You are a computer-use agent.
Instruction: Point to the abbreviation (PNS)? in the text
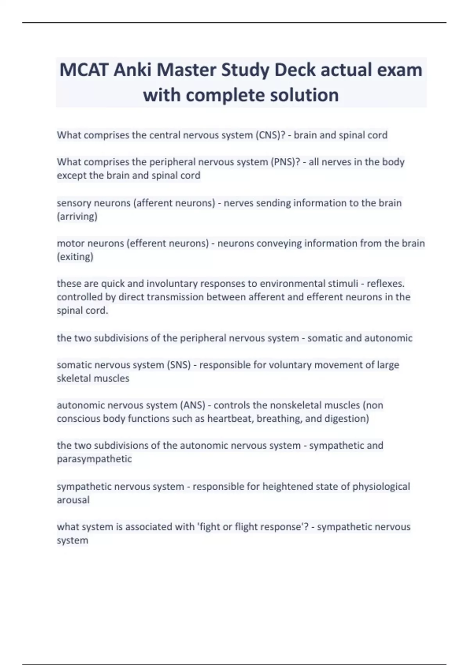(x=285, y=162)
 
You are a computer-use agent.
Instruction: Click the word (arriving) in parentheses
(x=77, y=216)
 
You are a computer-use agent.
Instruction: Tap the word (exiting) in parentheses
(x=75, y=257)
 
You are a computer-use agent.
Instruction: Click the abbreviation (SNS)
(x=179, y=365)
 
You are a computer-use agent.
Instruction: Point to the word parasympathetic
(x=94, y=459)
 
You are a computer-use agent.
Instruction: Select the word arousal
(x=73, y=500)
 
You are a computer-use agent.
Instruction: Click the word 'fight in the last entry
(x=209, y=527)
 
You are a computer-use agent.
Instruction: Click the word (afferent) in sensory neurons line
(x=153, y=203)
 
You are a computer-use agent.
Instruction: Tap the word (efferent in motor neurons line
(x=146, y=243)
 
